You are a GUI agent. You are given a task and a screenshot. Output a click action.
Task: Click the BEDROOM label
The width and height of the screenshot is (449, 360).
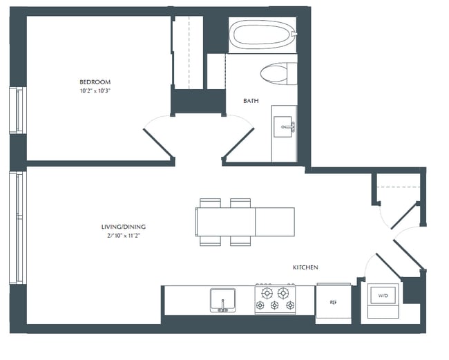[x=95, y=82]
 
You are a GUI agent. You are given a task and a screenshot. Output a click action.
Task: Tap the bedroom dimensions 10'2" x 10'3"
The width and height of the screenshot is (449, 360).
[x=95, y=91]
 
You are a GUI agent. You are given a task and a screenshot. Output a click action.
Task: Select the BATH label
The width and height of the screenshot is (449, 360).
[x=251, y=101]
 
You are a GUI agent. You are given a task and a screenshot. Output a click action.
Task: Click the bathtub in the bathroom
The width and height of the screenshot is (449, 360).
[x=262, y=35]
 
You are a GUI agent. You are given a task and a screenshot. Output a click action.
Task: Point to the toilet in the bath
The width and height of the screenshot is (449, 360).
[x=277, y=73]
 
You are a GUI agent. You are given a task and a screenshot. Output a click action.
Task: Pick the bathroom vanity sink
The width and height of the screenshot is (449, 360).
[x=283, y=126]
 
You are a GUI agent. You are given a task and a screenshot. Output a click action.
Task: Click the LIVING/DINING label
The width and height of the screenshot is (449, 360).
[x=124, y=227]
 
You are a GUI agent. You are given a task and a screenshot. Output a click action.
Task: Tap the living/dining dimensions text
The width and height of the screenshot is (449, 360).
[x=124, y=236]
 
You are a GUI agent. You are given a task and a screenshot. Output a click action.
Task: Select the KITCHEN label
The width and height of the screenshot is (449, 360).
[x=305, y=267]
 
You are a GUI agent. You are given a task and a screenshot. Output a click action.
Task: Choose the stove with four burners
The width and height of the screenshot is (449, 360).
[x=276, y=299]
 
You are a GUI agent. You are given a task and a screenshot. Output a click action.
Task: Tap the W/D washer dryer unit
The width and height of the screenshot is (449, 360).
[x=382, y=296]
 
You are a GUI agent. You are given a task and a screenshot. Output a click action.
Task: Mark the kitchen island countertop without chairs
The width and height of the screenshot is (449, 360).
[x=275, y=221]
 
